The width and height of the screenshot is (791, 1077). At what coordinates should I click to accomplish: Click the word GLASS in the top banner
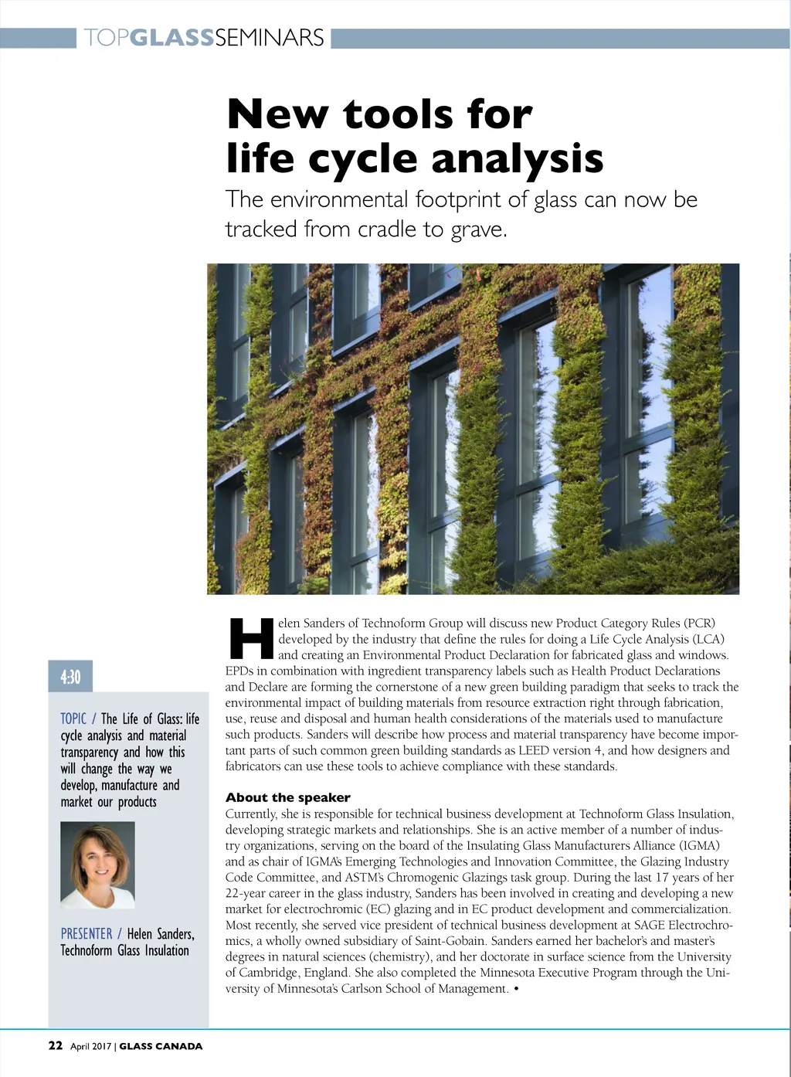tap(172, 37)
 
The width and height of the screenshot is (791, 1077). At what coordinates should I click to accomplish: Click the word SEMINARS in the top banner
tap(269, 37)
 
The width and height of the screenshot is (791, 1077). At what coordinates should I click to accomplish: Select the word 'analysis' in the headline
tap(517, 158)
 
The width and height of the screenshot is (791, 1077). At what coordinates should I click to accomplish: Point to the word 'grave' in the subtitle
tap(477, 229)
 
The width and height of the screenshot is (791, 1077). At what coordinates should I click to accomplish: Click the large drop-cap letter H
tap(252, 638)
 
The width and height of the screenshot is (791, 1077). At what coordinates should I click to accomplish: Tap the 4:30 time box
tap(70, 677)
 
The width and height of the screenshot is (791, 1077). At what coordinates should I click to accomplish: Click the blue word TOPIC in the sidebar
tap(73, 719)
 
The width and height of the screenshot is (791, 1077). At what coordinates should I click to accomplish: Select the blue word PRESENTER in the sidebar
tap(87, 934)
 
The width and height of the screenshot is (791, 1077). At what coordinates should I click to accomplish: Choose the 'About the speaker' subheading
tap(287, 797)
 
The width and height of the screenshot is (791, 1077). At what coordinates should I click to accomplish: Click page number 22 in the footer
tap(56, 1045)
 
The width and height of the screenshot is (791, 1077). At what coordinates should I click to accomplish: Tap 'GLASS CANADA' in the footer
tap(161, 1046)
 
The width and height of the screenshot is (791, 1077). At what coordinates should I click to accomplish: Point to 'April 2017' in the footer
tap(91, 1046)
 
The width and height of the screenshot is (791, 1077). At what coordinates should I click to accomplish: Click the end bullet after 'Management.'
tap(516, 989)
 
